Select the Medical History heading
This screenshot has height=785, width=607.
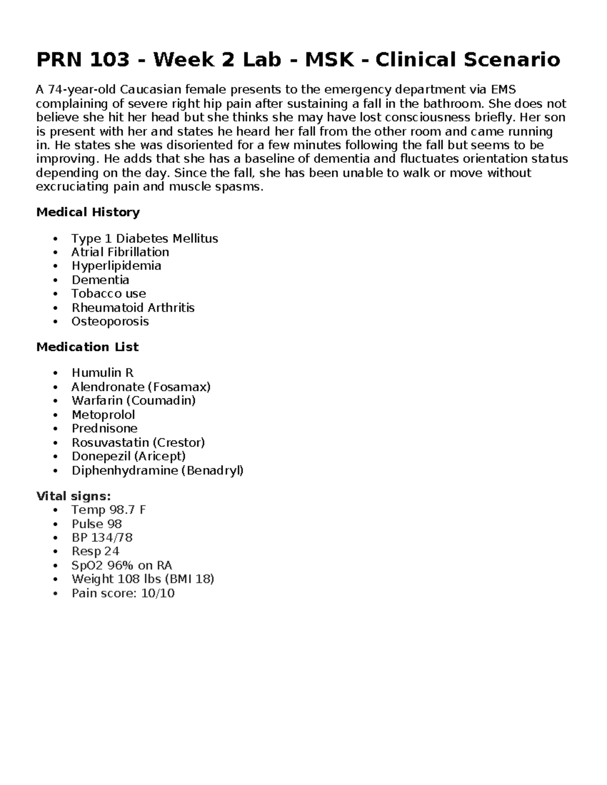(88, 212)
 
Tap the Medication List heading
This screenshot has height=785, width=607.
(88, 347)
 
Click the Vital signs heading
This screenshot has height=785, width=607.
(73, 496)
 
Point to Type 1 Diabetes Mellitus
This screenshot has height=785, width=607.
(145, 238)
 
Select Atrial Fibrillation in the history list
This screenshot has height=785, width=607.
(120, 252)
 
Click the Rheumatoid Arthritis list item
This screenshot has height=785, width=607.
(133, 307)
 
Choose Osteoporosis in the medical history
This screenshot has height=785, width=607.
(110, 321)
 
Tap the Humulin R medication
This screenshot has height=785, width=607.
(103, 373)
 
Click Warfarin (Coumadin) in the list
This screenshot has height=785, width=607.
(134, 400)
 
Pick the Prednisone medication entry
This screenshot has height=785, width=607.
(105, 428)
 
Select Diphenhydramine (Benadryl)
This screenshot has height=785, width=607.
(157, 470)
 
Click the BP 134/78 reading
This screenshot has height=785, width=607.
(102, 537)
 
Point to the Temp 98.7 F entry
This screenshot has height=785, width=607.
(109, 510)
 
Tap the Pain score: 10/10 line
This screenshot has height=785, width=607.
(123, 593)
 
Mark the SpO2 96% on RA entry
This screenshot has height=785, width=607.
(122, 565)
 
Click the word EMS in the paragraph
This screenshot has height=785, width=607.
(503, 90)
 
